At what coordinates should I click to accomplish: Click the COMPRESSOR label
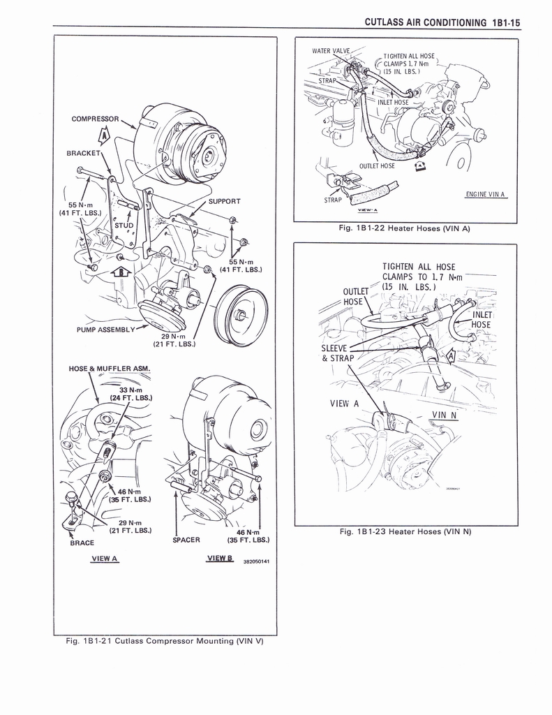[96, 119]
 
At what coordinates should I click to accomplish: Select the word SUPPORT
[225, 201]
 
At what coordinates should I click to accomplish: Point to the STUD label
[123, 226]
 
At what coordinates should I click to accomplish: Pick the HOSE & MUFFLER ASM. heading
[110, 369]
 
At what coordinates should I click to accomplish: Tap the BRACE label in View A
[82, 543]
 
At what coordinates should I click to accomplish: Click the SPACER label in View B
[186, 540]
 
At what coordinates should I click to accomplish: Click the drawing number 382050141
[256, 561]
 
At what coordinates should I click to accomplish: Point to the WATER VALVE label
[331, 51]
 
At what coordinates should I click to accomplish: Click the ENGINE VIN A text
[484, 194]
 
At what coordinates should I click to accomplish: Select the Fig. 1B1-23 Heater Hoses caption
[405, 532]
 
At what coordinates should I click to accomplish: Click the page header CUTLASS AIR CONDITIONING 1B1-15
[442, 22]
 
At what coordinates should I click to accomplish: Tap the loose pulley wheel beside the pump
[241, 316]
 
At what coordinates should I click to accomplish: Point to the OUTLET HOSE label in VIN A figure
[377, 166]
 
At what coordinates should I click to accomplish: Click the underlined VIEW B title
[220, 558]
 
